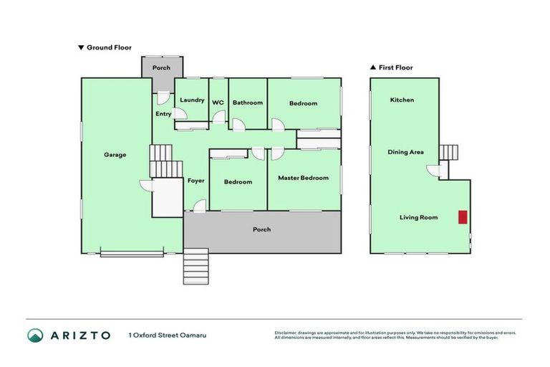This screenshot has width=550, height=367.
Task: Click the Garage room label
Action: coord(115,155)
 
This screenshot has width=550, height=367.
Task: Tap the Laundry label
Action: coord(192,100)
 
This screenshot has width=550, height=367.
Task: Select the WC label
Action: coord(218,103)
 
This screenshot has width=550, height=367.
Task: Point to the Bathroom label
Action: coord(248,103)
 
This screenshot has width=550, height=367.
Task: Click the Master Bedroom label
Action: coord(303,178)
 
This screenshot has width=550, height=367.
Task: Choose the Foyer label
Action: coord(196,181)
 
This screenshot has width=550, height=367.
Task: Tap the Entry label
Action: coord(163,114)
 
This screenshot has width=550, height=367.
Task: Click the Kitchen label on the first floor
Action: coord(402,100)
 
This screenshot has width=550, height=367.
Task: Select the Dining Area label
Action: coord(405,152)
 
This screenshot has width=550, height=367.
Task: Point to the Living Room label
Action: coord(419,217)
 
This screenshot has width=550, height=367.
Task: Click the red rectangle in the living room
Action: coord(463,217)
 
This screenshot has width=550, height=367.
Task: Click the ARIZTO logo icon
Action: coord(36,335)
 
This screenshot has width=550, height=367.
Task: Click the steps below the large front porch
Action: coord(196,266)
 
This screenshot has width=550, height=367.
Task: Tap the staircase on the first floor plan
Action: coord(448,153)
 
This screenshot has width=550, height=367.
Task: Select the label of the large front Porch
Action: coord(261,229)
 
